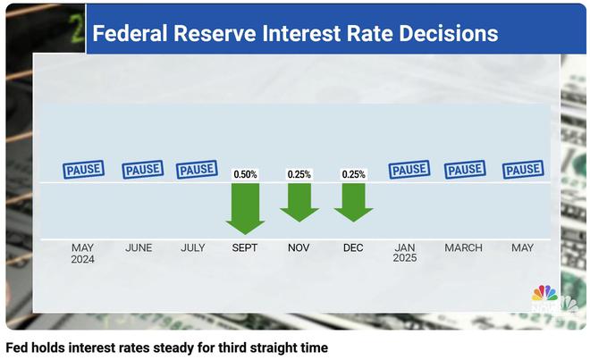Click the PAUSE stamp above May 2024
pos(84,169)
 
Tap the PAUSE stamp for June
pos(141,169)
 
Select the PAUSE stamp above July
pos(196,169)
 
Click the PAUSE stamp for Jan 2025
pos(409,169)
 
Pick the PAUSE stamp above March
pos(463,169)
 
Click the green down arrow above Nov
pos(299,201)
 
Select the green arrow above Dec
pos(354,201)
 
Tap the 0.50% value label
pos(245,174)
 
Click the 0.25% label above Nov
pos(299,174)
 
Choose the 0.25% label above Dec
pos(354,174)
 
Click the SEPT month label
pos(245,247)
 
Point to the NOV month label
pos(299,247)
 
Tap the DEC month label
pos(354,247)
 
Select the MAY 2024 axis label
pos(84,253)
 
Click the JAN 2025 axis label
pos(406,253)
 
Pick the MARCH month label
pos(463,247)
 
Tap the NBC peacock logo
pos(544,296)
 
